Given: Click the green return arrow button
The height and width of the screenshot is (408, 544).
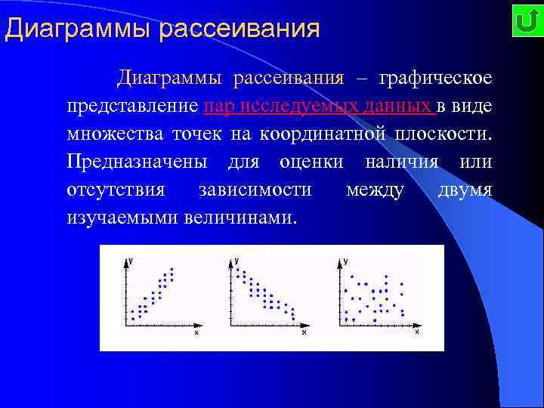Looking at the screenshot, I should tap(524, 22).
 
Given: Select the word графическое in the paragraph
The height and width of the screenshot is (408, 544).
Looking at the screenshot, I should tap(435, 78).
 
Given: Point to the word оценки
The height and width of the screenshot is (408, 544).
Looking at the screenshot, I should tap(311, 162).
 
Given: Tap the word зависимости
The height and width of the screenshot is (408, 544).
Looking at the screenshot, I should tap(253, 189).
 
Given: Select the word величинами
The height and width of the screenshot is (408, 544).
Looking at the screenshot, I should tap(243, 217).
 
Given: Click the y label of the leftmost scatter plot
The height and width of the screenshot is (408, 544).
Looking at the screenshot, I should tap(131, 261).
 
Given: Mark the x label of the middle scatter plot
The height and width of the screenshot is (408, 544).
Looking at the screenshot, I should tap(304, 332).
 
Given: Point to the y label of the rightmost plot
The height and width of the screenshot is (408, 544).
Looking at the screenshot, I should tap(345, 261).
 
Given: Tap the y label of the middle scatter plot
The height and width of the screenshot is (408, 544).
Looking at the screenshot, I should tap(237, 261).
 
